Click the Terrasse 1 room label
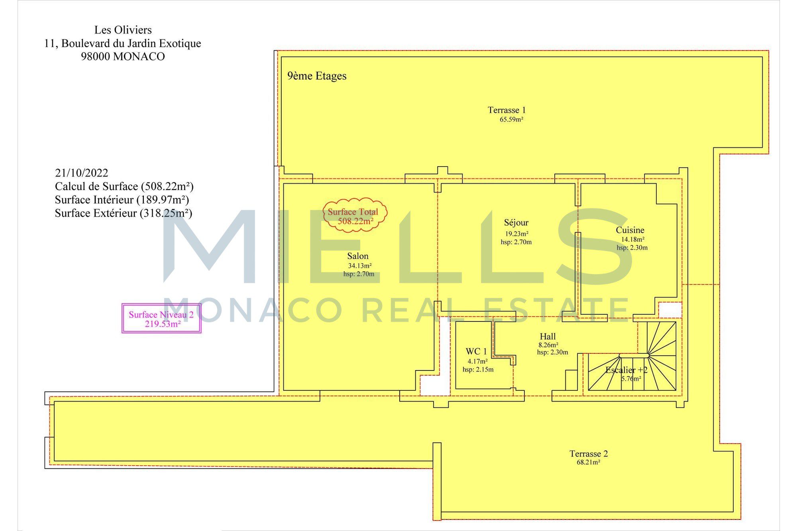[x=506, y=110]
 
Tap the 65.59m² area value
[x=511, y=119]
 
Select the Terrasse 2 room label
[x=589, y=454]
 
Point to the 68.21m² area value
[x=588, y=462]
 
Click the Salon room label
[x=357, y=256]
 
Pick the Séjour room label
[x=516, y=223]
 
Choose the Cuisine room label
[x=630, y=230]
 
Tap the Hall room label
[x=548, y=337]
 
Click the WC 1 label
[x=476, y=351]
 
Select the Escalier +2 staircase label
[x=626, y=370]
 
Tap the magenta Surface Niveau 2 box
[x=161, y=318]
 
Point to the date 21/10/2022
[x=82, y=173]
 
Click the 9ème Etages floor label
[x=317, y=76]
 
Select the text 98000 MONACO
[x=123, y=57]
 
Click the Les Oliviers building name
[x=123, y=30]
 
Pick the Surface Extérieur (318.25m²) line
[x=124, y=214]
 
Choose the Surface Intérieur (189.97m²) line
[x=122, y=200]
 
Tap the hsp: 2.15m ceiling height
[x=478, y=370]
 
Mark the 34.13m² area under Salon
[x=360, y=266]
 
